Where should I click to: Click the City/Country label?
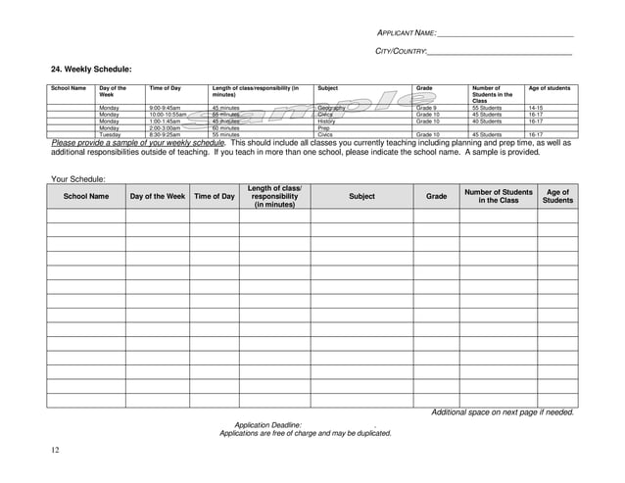pyautogui.click(x=402, y=51)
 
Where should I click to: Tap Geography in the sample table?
pyautogui.click(x=332, y=107)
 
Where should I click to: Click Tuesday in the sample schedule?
pyautogui.click(x=109, y=134)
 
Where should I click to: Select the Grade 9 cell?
pyautogui.click(x=427, y=107)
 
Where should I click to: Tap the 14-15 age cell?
pyautogui.click(x=537, y=107)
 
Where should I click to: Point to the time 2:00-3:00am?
pyautogui.click(x=166, y=127)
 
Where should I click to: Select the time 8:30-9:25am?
pyautogui.click(x=166, y=134)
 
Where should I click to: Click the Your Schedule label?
pyautogui.click(x=77, y=178)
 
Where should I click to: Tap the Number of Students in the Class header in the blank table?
pyautogui.click(x=498, y=196)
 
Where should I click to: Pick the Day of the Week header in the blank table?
pyautogui.click(x=157, y=197)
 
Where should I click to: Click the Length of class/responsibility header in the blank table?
pyautogui.click(x=274, y=196)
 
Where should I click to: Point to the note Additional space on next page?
pyautogui.click(x=503, y=412)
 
